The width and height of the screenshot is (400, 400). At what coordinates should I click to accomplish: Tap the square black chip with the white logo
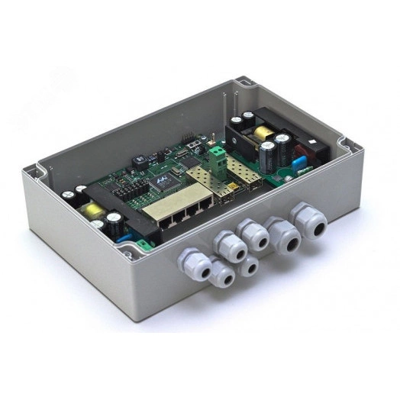(x=161, y=180)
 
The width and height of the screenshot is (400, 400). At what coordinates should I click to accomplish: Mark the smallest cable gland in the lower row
(x=248, y=267)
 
